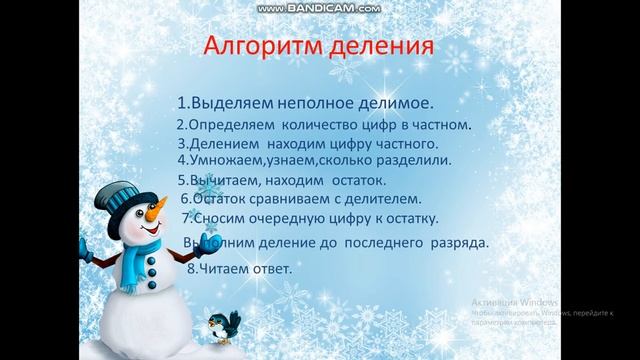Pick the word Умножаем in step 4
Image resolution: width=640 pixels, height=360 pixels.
point(226,159)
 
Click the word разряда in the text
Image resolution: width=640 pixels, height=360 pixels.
point(459,243)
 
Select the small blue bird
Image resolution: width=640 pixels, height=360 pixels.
point(222,323)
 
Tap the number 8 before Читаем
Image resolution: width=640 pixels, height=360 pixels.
point(192,268)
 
